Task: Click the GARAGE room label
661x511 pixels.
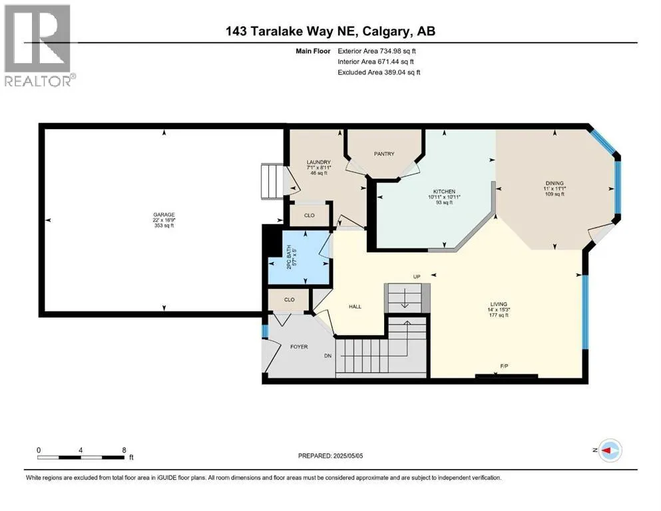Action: coord(164,215)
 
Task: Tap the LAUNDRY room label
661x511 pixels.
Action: coord(319,162)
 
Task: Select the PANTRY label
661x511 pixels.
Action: coord(384,154)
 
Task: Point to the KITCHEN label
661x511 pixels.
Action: coord(444,191)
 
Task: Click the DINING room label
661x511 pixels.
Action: coord(554,183)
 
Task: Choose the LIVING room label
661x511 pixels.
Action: coord(499,304)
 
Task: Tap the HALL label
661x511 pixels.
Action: coord(355,307)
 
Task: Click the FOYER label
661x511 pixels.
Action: coord(299,347)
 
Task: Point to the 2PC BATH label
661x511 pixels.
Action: coord(289,257)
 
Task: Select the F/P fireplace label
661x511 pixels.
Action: coord(504,366)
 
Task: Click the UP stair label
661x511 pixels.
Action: coord(417,277)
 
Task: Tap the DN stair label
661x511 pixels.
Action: coord(328,356)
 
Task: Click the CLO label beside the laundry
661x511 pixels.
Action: coord(310,216)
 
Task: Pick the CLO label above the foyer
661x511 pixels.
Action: coord(289,299)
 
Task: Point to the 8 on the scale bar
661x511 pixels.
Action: coord(124,450)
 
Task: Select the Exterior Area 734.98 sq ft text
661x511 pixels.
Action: coord(377,51)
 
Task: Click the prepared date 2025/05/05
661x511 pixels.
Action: coord(347,456)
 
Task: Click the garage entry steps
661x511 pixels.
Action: coord(272,182)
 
